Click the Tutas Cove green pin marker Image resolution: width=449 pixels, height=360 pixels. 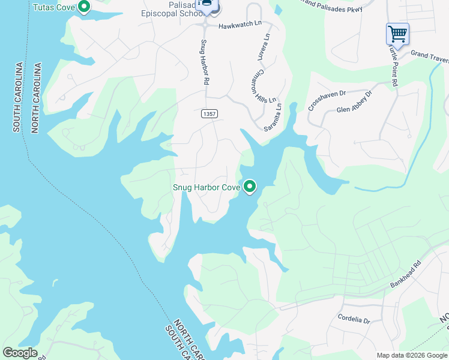84,7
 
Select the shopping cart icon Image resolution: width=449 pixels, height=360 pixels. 397,34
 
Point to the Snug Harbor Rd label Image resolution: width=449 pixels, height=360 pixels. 205,62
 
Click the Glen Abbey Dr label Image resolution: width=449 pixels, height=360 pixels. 355,102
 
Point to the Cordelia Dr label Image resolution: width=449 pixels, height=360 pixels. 354,319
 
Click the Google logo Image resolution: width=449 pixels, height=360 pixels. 20,353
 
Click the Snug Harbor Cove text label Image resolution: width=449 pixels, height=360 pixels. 206,188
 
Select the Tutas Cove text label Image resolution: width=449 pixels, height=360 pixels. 54,8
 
